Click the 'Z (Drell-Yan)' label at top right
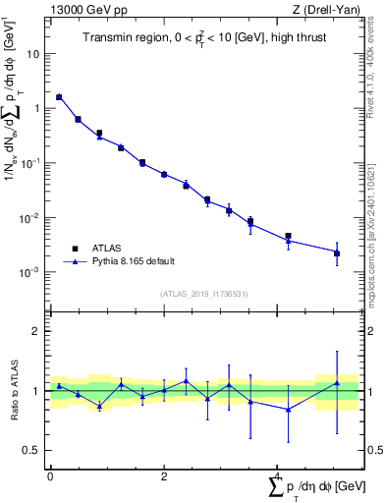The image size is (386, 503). pyautogui.click(x=330, y=10)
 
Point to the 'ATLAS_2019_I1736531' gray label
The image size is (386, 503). pyautogui.click(x=204, y=294)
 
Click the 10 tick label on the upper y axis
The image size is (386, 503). pyautogui.click(x=33, y=54)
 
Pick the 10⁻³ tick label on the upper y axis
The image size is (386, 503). pyautogui.click(x=31, y=272)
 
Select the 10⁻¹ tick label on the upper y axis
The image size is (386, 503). pyautogui.click(x=31, y=163)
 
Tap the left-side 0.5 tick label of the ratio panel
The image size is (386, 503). pyautogui.click(x=31, y=451)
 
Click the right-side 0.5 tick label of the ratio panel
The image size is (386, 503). pyautogui.click(x=373, y=451)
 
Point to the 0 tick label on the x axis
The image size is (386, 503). pyautogui.click(x=50, y=476)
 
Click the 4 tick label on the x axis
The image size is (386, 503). pyautogui.click(x=278, y=476)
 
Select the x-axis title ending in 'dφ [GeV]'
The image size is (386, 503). pyautogui.click(x=313, y=488)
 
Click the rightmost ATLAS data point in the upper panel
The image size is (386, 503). pyautogui.click(x=337, y=253)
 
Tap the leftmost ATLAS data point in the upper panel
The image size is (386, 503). pyautogui.click(x=59, y=97)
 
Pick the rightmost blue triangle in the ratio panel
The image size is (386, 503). pyautogui.click(x=337, y=383)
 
